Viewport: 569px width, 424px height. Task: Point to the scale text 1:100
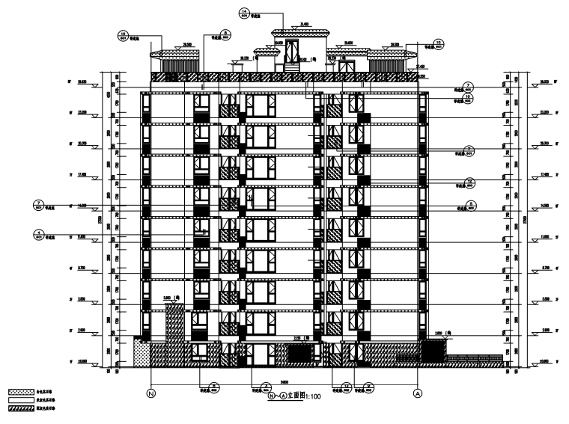pyautogui.click(x=310, y=397)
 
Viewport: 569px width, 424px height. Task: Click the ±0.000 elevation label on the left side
pyautogui.click(x=82, y=360)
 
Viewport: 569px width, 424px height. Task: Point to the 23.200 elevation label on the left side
pyautogui.click(x=82, y=112)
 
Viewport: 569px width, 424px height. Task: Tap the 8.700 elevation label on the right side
pyautogui.click(x=544, y=266)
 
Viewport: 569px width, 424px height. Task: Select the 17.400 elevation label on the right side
pyautogui.click(x=544, y=173)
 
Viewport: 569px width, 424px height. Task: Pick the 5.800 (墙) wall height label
pyautogui.click(x=174, y=297)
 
